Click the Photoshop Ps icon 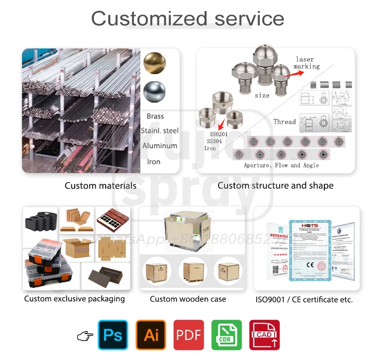pos(113,335)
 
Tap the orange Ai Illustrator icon pos(151,335)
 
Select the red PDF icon pos(189,335)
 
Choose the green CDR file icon pos(227,335)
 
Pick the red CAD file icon pos(264,335)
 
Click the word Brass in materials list pos(155,116)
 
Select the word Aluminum pos(159,146)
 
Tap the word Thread pos(284,122)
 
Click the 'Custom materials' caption pos(100,186)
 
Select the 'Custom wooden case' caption pos(188,299)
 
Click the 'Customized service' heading pos(187,19)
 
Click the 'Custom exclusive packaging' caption pos(75,299)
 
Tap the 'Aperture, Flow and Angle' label pos(281,165)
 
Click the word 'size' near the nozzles pos(262,95)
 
